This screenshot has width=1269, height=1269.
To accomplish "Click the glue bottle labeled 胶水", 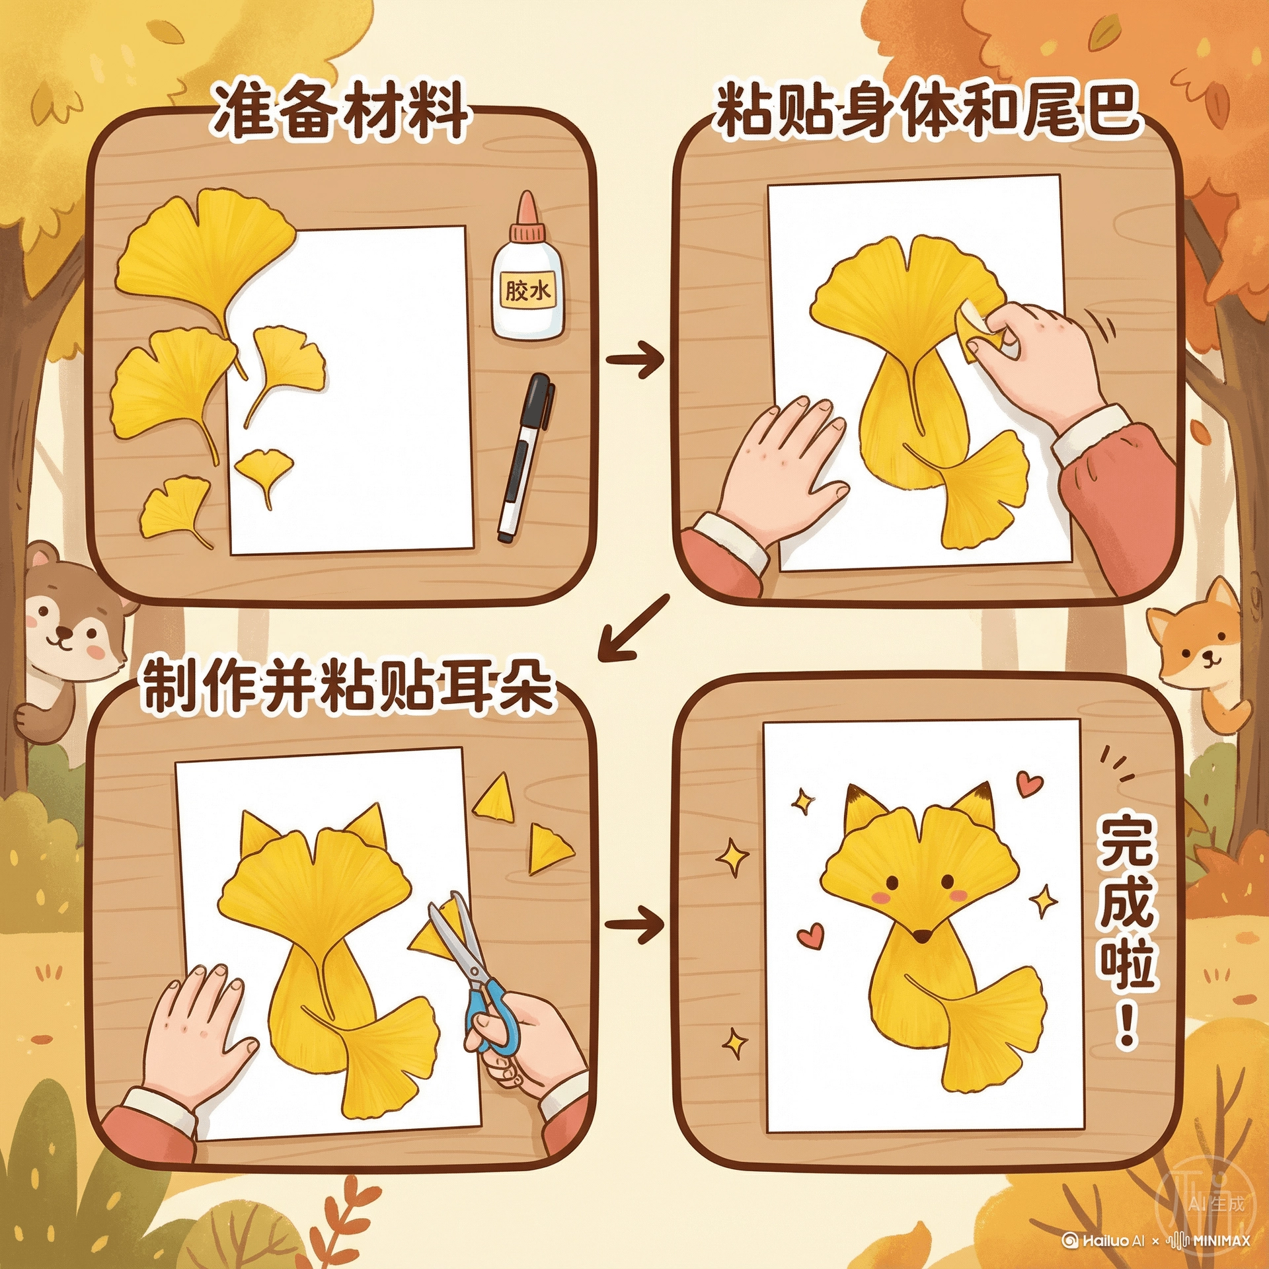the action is click(x=526, y=271).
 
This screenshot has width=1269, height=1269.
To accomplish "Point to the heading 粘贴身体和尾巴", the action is click(x=929, y=109).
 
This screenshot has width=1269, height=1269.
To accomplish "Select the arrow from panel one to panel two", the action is click(x=634, y=360).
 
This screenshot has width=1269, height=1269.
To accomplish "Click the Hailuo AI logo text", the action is click(x=1103, y=1240).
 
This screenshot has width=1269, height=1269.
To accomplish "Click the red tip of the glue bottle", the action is click(x=527, y=208).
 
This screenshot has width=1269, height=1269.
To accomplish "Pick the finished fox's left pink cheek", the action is click(x=880, y=896).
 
